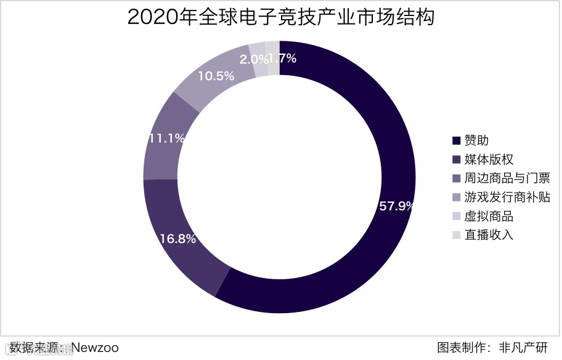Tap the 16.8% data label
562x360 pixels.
(177, 239)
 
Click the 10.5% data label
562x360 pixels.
(216, 76)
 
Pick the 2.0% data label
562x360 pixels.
(253, 60)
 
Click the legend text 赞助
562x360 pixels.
(476, 141)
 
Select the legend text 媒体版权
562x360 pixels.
(489, 160)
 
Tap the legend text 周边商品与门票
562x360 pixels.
(507, 179)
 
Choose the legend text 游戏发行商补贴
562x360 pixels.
(507, 197)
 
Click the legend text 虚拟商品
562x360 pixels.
(489, 216)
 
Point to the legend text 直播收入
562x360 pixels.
(489, 235)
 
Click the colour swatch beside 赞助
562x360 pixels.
(457, 141)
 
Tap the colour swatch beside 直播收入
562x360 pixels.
(457, 235)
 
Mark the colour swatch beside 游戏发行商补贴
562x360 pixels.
(457, 198)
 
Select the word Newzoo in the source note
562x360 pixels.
(95, 348)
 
